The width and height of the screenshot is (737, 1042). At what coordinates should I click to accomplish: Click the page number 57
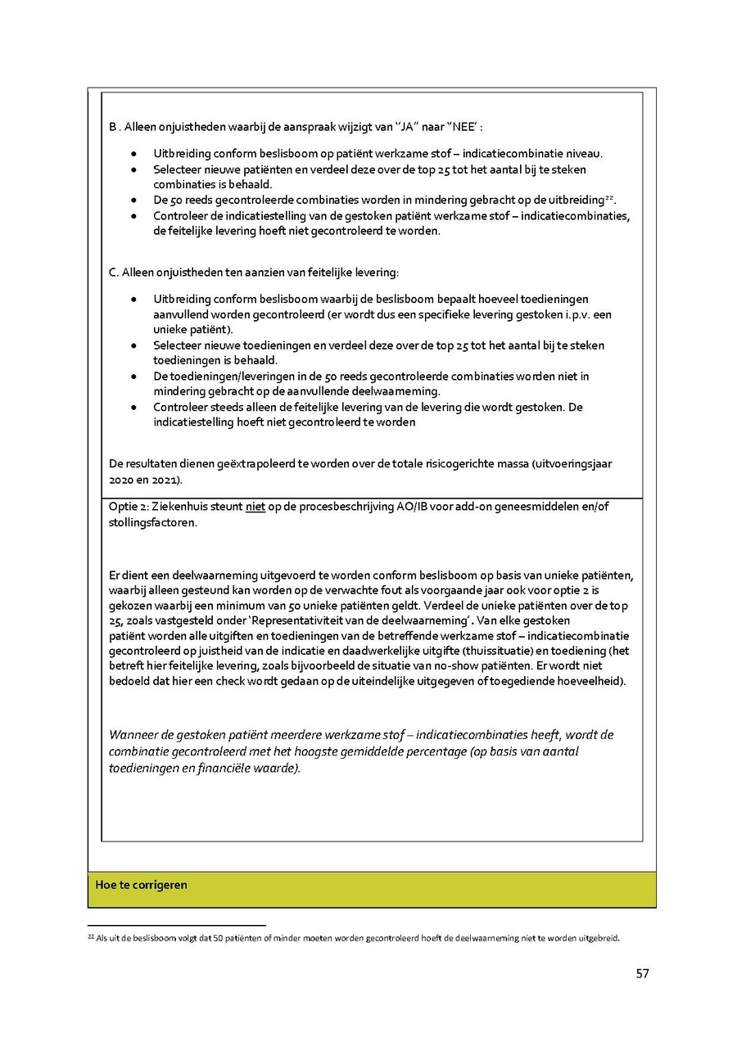[x=642, y=973]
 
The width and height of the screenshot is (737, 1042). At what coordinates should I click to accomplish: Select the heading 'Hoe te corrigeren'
[x=141, y=885]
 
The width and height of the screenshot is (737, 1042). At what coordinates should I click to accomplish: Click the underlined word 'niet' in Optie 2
[x=255, y=507]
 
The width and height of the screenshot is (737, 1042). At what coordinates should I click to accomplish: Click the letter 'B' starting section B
[x=113, y=129]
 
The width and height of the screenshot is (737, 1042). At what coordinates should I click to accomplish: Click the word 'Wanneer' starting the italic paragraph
[x=133, y=734]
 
